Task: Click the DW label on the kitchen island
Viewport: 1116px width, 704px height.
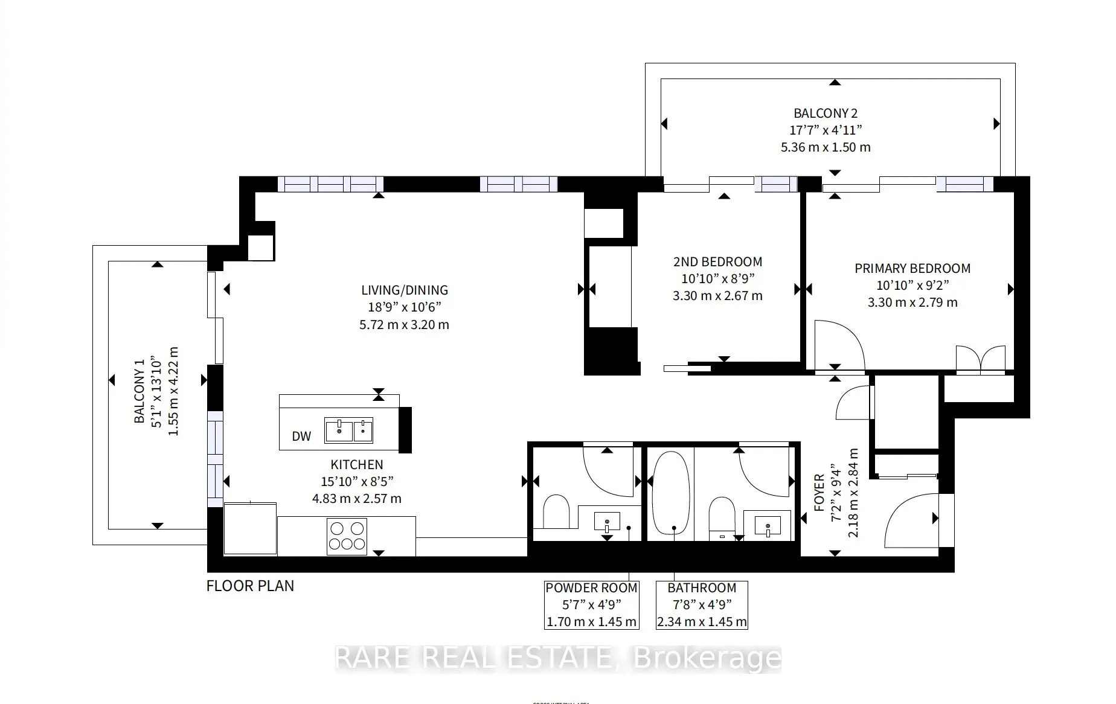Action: tap(301, 436)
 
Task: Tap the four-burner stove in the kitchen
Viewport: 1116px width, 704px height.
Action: tap(347, 536)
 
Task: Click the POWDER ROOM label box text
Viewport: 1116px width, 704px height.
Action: tap(591, 588)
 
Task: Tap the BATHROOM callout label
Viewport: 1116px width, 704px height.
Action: tap(702, 588)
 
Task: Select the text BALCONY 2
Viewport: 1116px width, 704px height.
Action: tap(825, 114)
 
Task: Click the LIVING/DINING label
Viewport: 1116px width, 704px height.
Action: tap(405, 290)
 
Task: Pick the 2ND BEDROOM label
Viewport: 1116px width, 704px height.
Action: tap(717, 262)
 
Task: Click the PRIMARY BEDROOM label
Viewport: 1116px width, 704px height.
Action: tap(912, 269)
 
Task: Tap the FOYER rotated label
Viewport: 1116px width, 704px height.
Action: tap(819, 493)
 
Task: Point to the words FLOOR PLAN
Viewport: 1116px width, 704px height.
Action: tap(250, 586)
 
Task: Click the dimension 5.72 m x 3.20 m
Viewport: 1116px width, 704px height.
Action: tap(404, 325)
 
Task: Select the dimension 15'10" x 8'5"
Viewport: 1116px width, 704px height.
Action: tap(356, 482)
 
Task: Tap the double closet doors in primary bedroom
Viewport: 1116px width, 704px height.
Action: tap(981, 359)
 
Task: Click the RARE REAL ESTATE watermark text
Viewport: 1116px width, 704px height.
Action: tap(558, 659)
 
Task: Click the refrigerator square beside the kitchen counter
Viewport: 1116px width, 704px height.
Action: tap(250, 529)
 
